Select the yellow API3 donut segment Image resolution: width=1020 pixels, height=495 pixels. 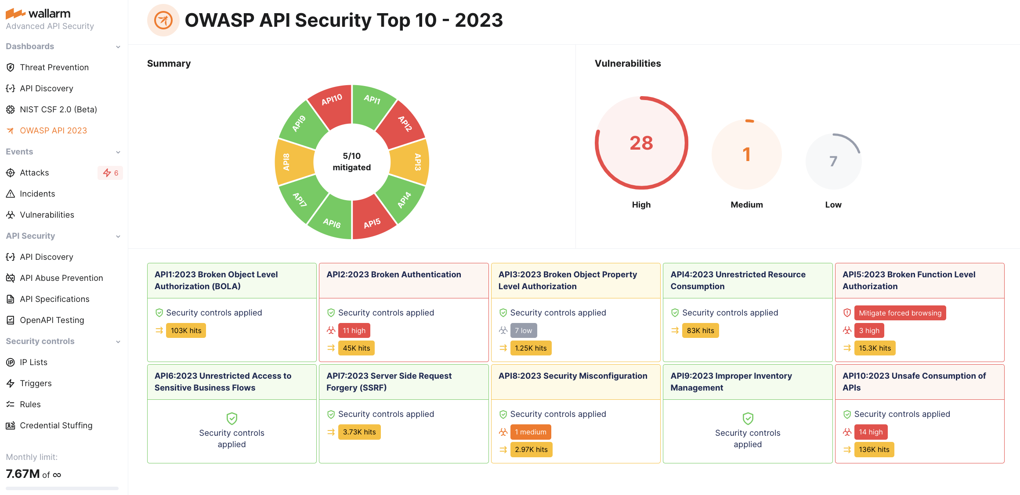pyautogui.click(x=411, y=162)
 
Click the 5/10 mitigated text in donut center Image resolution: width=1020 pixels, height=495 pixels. pyautogui.click(x=351, y=161)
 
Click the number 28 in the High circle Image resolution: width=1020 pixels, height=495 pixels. pyautogui.click(x=641, y=143)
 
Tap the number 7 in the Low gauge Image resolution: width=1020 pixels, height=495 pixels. pyautogui.click(x=833, y=161)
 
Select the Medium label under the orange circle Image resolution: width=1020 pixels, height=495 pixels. pyautogui.click(x=746, y=204)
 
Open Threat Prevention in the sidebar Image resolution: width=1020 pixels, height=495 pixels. pyautogui.click(x=54, y=67)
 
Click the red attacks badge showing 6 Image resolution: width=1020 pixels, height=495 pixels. pyautogui.click(x=110, y=173)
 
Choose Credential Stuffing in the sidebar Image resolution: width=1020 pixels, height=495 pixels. pyautogui.click(x=56, y=425)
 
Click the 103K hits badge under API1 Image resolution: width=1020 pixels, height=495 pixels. pyautogui.click(x=186, y=330)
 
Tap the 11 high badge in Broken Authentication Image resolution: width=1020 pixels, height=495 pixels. pyautogui.click(x=354, y=330)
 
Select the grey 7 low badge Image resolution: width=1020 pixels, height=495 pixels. pyautogui.click(x=523, y=330)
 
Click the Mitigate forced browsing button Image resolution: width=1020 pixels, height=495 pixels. pyautogui.click(x=900, y=313)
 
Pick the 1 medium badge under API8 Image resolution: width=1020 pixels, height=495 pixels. pyautogui.click(x=530, y=432)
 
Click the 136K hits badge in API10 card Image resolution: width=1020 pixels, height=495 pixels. pyautogui.click(x=874, y=449)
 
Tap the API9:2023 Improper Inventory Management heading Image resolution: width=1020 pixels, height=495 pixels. pyautogui.click(x=731, y=381)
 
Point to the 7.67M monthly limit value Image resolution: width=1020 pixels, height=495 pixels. pyautogui.click(x=23, y=474)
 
